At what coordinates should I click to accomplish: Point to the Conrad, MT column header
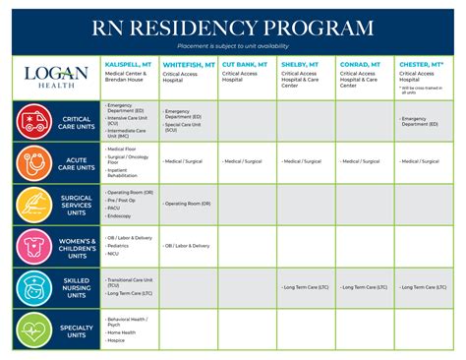pos(360,64)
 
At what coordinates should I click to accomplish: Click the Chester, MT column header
pos(421,64)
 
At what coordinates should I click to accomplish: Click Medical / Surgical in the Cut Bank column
pos(245,161)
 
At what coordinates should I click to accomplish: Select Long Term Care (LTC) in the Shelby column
pos(307,287)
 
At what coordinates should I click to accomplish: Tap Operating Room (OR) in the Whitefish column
pos(189,204)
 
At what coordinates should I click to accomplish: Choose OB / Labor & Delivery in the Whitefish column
pos(188,245)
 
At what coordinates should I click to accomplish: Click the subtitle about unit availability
pos(233,45)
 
